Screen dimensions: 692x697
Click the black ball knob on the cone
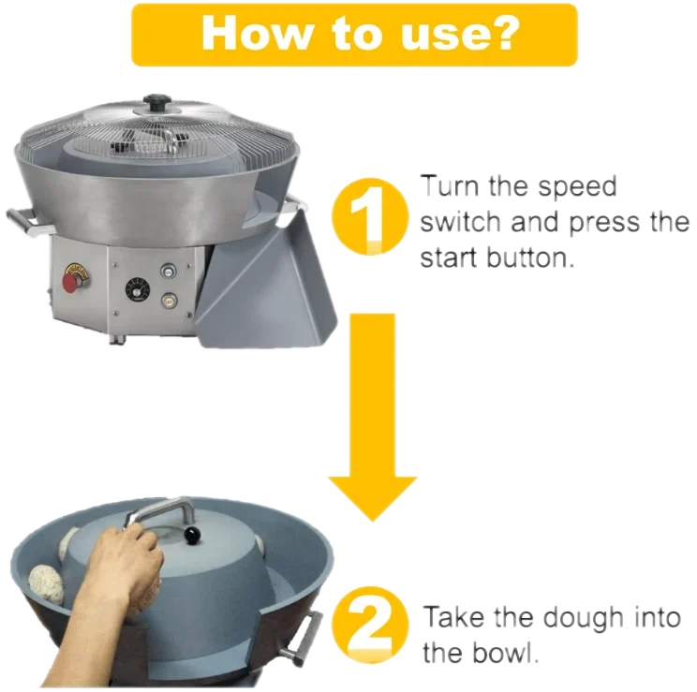tap(193, 536)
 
